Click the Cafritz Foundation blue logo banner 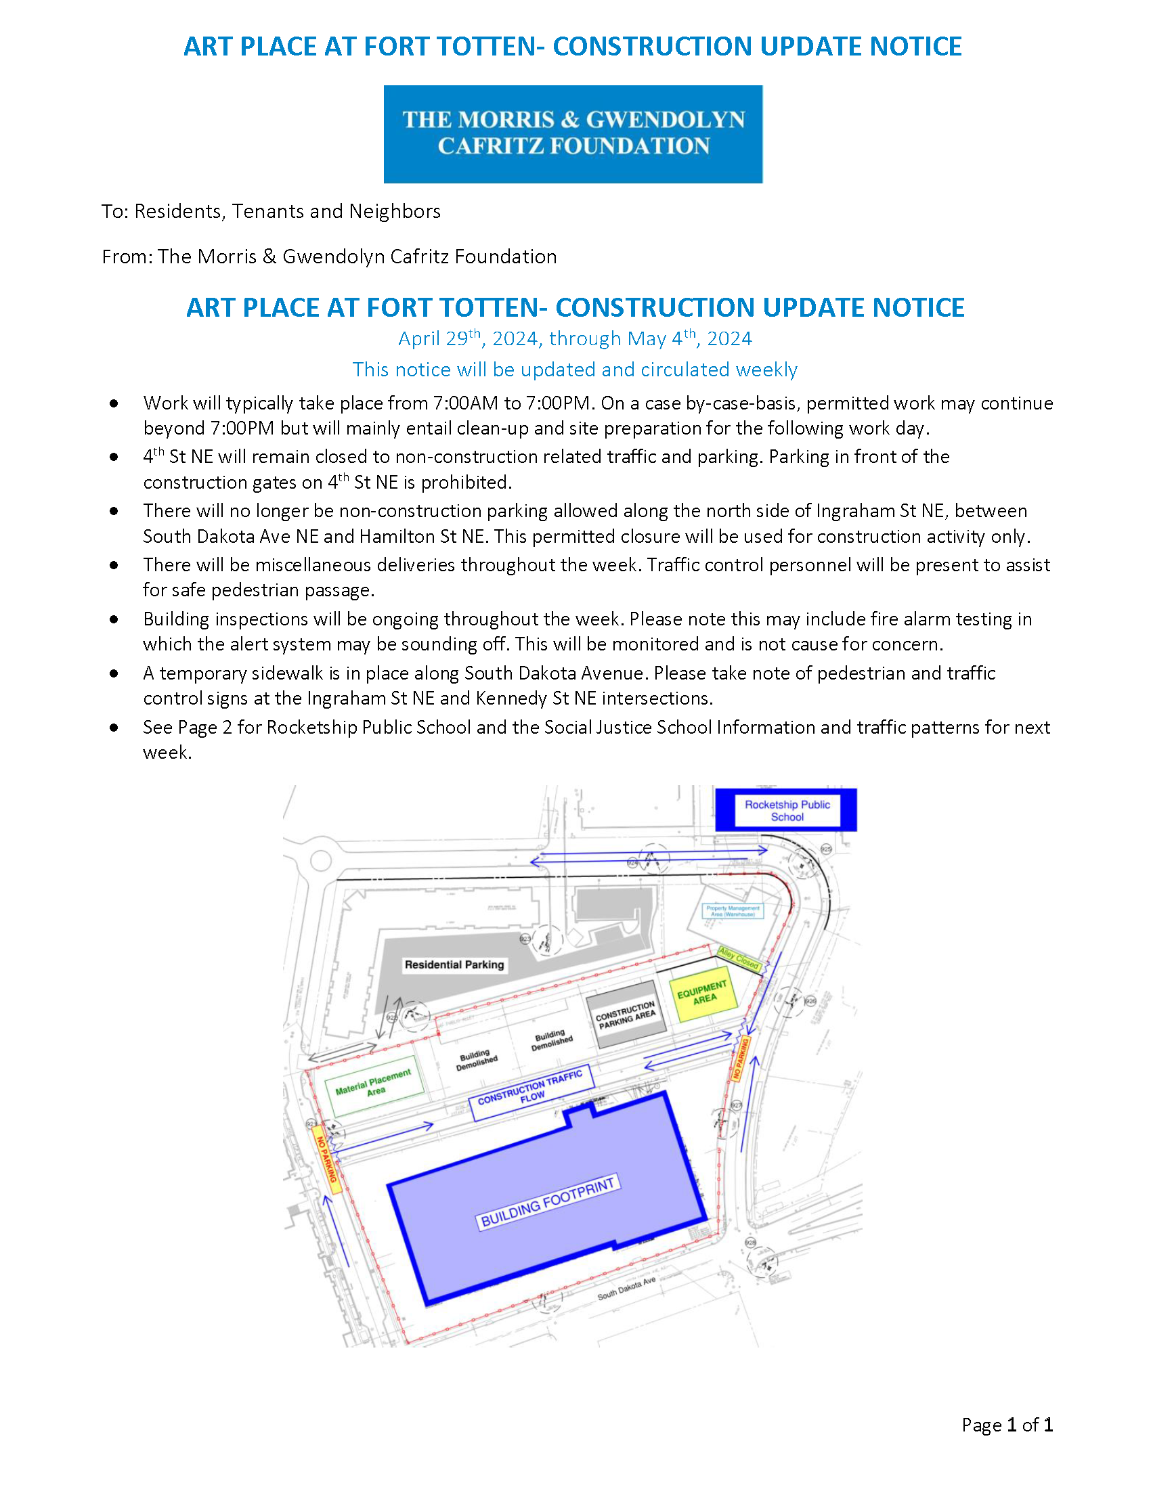click(x=573, y=133)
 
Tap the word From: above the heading click(x=127, y=257)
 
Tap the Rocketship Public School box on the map click(x=786, y=811)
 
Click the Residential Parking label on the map click(x=454, y=964)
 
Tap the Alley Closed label click(x=739, y=958)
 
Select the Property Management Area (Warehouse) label click(x=733, y=911)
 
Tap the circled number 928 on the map click(x=751, y=1242)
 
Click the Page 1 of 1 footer click(x=1007, y=1425)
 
